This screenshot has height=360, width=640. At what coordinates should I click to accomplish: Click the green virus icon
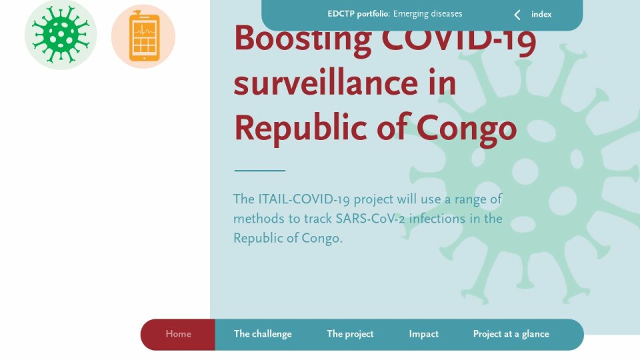(61, 35)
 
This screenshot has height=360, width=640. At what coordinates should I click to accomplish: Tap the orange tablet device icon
(144, 36)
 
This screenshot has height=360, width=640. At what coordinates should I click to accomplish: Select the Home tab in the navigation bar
(178, 334)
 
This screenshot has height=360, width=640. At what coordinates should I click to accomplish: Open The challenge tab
(263, 334)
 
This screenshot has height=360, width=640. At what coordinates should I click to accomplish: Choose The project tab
(350, 334)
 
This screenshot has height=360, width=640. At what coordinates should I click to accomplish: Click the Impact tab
(424, 334)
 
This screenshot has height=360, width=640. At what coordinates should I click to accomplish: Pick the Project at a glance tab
(511, 334)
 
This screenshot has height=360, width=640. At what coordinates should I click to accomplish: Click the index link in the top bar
(541, 15)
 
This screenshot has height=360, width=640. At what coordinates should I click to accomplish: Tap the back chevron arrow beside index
(517, 15)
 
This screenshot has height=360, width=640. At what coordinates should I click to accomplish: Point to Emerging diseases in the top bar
(428, 14)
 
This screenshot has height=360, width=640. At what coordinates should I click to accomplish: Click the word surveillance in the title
(326, 83)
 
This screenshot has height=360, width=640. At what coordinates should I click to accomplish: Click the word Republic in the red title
(301, 128)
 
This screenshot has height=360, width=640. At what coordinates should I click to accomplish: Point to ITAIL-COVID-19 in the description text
(304, 199)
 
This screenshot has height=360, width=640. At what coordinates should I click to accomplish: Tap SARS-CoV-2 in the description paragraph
(370, 219)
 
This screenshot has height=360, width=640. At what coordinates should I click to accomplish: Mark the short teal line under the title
(259, 170)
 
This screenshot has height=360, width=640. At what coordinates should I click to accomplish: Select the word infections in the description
(437, 219)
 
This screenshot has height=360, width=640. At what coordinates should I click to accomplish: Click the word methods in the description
(259, 219)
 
